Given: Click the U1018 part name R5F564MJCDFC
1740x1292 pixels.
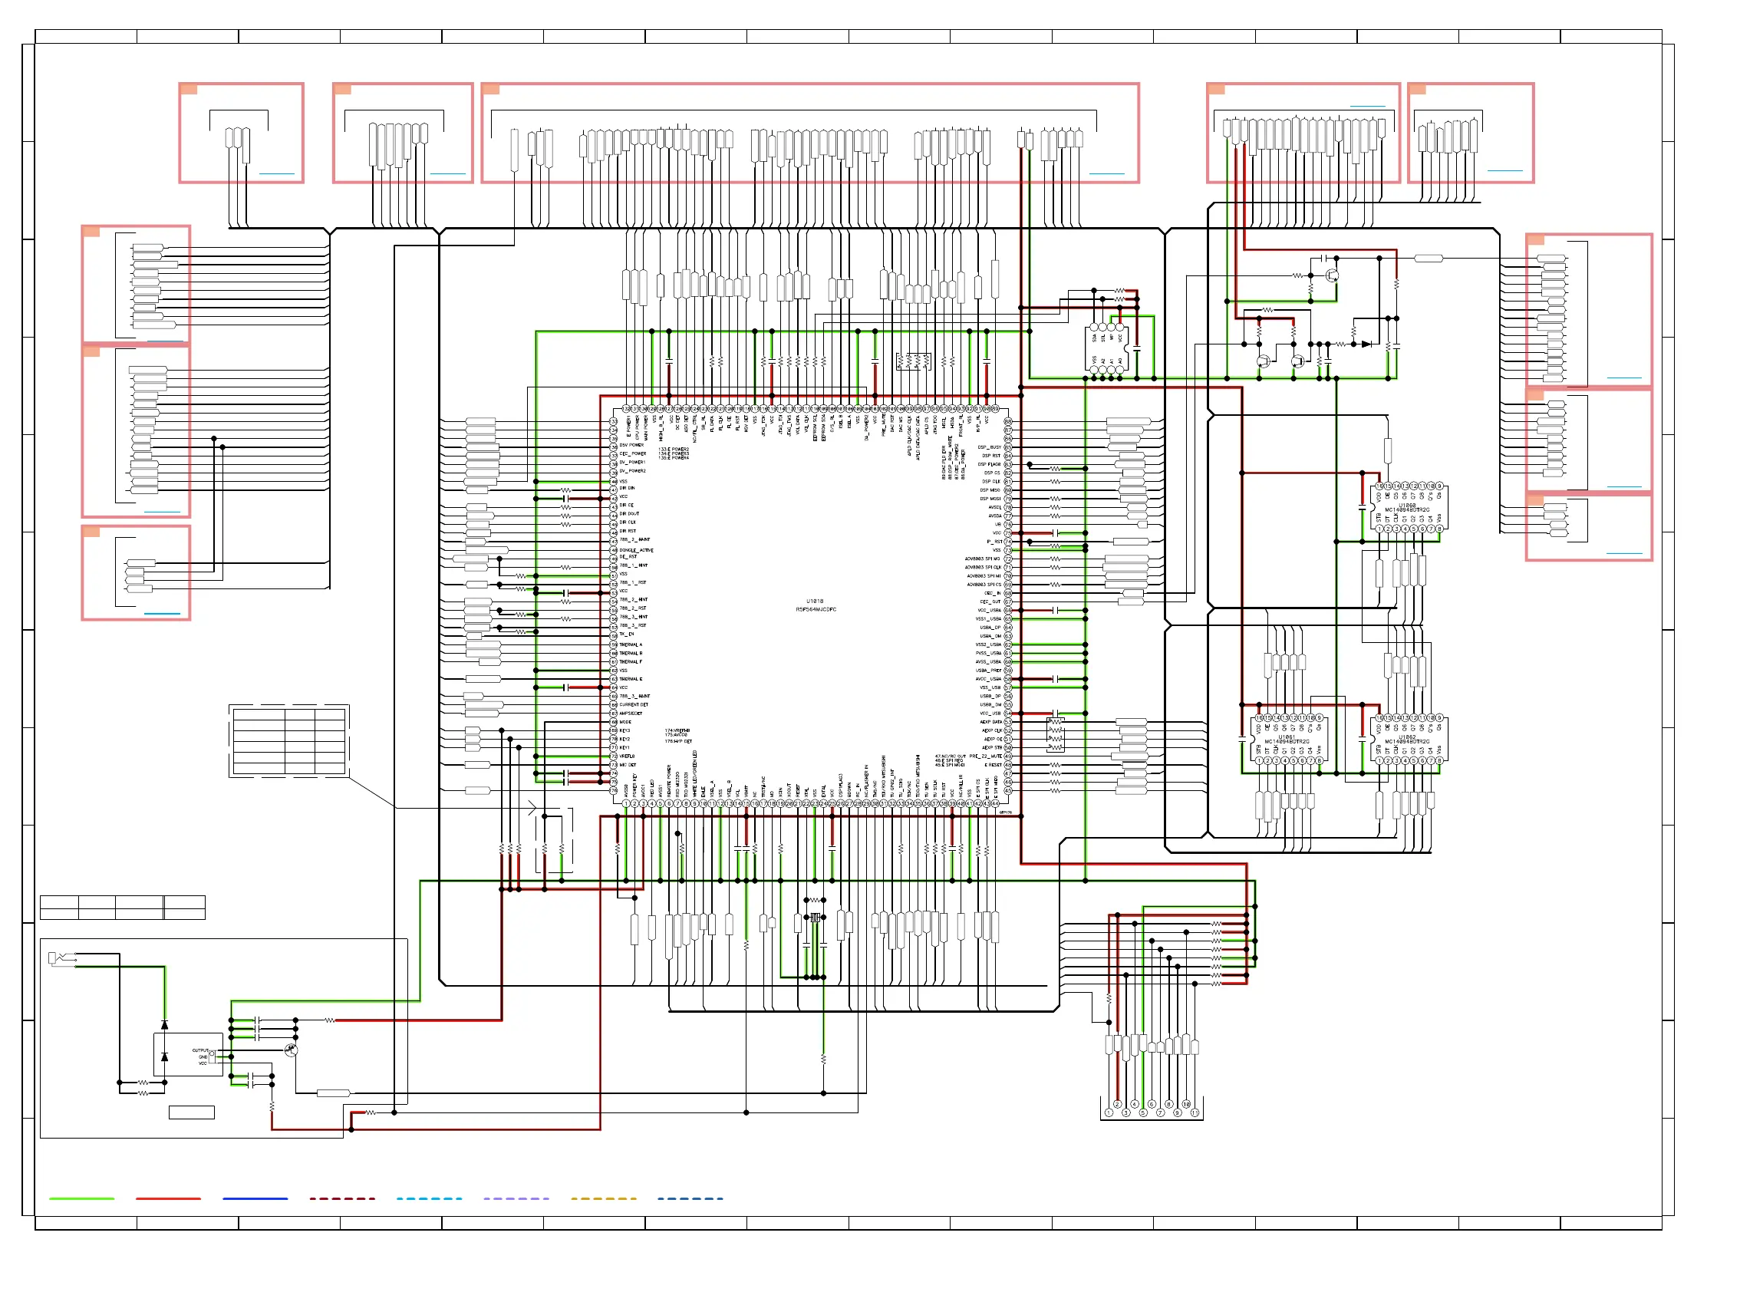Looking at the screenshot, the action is [x=816, y=609].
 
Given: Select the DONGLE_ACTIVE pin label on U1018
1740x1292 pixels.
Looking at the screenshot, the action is [x=636, y=550].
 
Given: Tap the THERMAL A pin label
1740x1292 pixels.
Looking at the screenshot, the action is [x=631, y=644].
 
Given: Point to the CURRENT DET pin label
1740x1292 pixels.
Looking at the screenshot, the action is [x=634, y=704].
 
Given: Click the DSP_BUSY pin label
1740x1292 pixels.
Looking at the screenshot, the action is [x=989, y=447].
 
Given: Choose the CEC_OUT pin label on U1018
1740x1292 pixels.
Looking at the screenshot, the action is [x=990, y=602].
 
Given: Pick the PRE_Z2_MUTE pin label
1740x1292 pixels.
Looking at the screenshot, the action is [x=985, y=756].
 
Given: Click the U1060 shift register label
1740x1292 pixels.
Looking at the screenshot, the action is [x=1407, y=506].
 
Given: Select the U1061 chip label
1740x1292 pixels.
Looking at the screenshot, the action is [x=1287, y=737].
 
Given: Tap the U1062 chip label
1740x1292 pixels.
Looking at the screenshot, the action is [x=1407, y=737].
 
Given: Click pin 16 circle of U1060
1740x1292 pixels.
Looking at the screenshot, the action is [x=1379, y=486].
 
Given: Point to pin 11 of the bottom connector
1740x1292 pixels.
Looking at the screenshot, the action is [x=1195, y=1112].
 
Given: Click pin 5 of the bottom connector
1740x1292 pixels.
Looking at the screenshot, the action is [x=1142, y=1112].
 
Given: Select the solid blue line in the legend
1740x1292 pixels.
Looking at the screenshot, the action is [x=255, y=1198].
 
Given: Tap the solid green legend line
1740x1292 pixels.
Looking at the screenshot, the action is [x=81, y=1198].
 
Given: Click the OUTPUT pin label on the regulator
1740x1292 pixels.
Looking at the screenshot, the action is [x=200, y=1050].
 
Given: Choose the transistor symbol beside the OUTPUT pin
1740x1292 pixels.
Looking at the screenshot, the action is [x=291, y=1050].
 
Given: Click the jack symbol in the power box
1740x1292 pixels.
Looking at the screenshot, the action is [x=54, y=957].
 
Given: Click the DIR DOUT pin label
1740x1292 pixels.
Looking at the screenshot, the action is [x=629, y=514].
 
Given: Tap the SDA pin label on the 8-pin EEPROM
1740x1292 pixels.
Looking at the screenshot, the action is [x=1094, y=338].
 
